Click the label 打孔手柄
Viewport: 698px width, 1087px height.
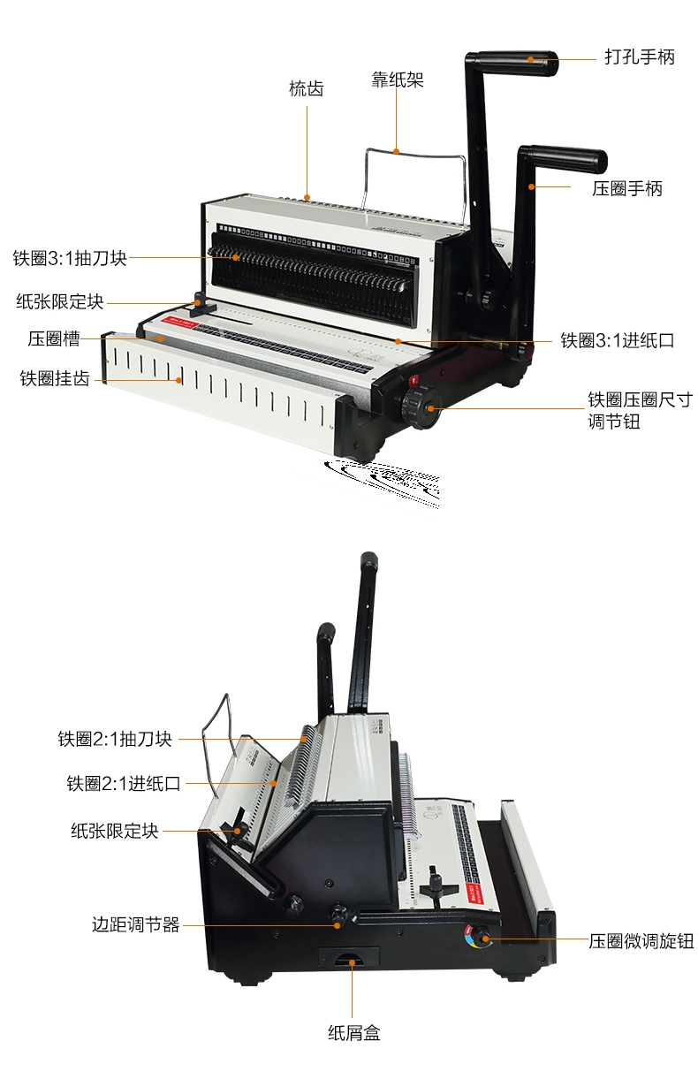(639, 57)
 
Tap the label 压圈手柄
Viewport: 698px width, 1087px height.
(626, 188)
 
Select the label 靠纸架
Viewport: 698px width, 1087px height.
(398, 80)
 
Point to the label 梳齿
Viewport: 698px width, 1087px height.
(306, 88)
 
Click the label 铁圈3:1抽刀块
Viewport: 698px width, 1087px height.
(70, 258)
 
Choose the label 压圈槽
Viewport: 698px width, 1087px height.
(54, 338)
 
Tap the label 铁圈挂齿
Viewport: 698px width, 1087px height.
(55, 378)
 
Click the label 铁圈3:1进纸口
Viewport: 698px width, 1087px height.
(617, 340)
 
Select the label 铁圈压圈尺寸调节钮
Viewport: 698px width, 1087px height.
(641, 411)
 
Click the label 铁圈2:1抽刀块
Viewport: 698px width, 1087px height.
(115, 739)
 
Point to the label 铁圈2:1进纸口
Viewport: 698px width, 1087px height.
(124, 783)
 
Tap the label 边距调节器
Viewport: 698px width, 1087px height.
(136, 925)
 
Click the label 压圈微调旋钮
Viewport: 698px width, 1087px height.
(641, 941)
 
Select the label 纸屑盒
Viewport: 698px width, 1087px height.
(354, 1032)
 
